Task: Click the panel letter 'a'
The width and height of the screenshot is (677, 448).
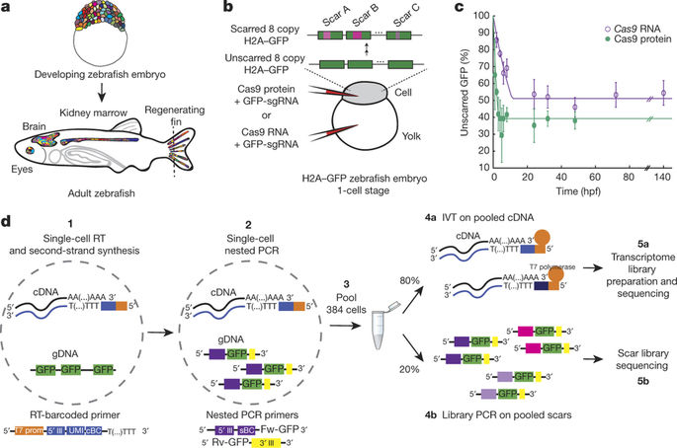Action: [x=7, y=9]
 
